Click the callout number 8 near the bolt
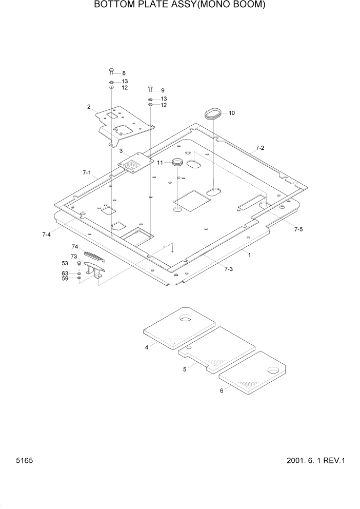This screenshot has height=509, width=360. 123,73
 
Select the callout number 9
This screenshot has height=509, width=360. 163,90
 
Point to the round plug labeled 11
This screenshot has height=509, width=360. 177,163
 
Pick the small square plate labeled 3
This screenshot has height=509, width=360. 136,163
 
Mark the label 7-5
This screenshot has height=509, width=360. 298,229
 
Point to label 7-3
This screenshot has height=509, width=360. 229,268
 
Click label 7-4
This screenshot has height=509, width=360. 46,234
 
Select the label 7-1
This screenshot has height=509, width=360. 86,173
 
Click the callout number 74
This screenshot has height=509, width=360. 74,247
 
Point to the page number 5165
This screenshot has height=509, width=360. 25,461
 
